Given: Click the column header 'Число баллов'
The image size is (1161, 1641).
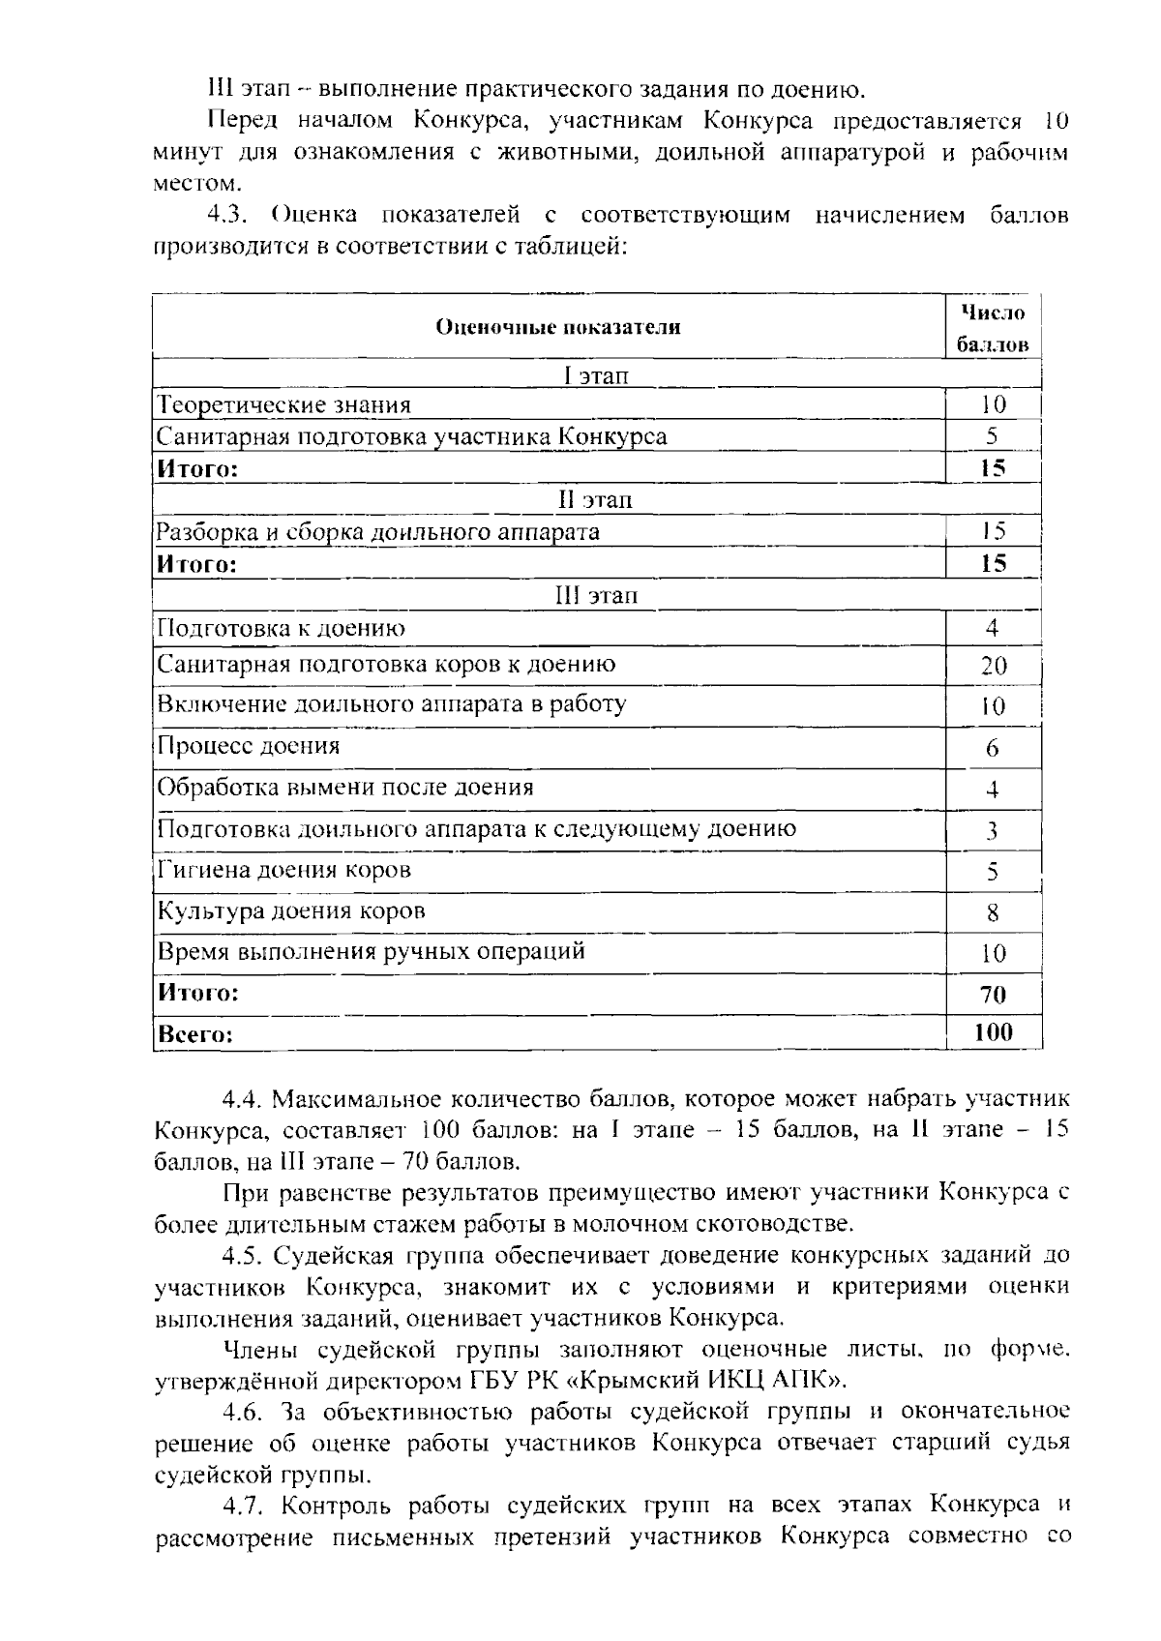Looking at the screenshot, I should (993, 328).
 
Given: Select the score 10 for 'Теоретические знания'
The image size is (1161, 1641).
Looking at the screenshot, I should (993, 405).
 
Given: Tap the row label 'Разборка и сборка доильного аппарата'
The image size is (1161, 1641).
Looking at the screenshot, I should (378, 532).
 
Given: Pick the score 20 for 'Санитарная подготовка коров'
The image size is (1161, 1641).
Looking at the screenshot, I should (993, 666).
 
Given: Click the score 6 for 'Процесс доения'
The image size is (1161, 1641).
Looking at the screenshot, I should (993, 748).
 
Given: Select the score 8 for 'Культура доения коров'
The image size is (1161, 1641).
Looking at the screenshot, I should (993, 912).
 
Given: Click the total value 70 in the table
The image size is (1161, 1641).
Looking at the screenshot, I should (993, 995).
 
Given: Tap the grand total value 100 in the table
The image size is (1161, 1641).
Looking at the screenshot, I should (993, 1033).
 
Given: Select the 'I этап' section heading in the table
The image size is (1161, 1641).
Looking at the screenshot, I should (596, 375).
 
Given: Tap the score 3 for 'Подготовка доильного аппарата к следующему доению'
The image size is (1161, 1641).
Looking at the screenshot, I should (993, 831).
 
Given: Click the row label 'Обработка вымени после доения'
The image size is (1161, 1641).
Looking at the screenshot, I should (345, 788).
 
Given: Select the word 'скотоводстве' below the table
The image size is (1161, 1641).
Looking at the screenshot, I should (774, 1224).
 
